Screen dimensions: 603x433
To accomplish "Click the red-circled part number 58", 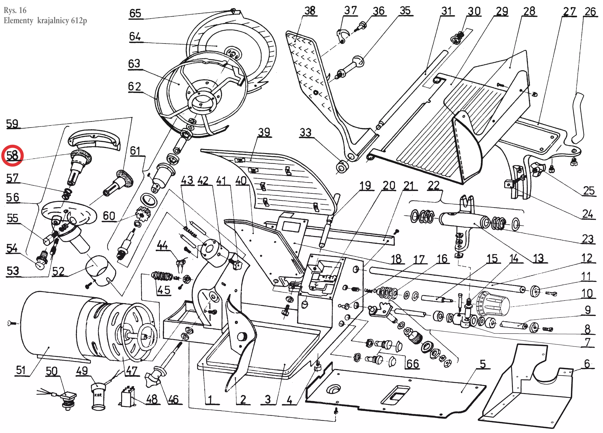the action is pos(12,155).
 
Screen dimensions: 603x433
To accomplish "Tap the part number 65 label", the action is pos(135,13).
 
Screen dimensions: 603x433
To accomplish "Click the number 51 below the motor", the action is pos(21,370).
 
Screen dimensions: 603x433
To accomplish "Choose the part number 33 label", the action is pos(306,132).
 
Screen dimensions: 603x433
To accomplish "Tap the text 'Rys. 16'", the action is pos(15,10).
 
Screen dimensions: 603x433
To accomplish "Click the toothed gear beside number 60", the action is pos(143,213).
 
